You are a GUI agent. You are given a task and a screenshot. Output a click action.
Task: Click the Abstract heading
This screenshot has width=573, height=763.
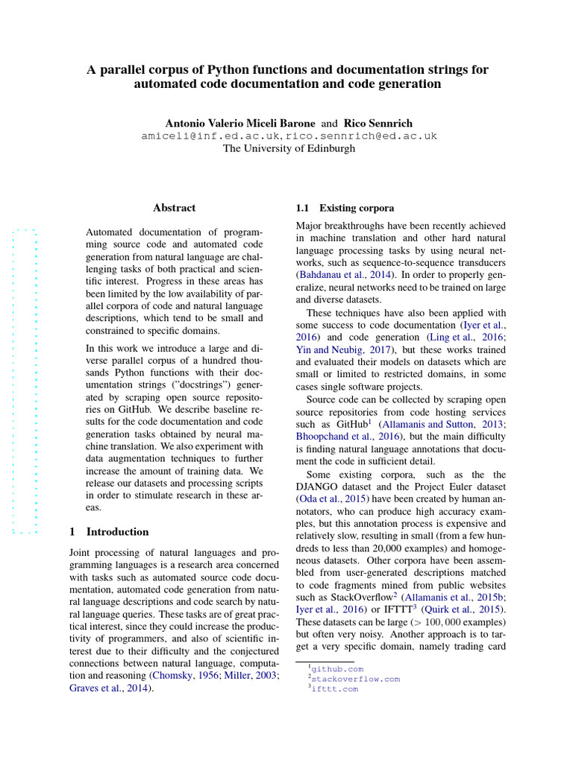(174, 208)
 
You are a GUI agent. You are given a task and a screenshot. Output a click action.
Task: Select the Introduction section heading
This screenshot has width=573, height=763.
(117, 532)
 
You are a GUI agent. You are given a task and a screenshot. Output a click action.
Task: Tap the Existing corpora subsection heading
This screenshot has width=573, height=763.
(357, 208)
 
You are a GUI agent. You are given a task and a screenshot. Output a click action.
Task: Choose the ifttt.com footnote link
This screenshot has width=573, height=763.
(334, 689)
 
